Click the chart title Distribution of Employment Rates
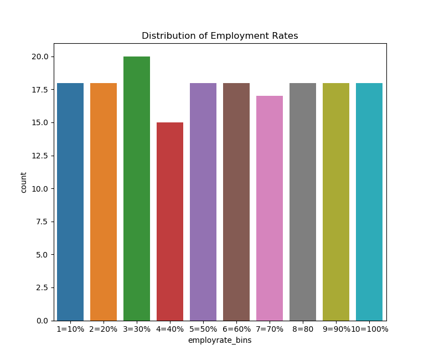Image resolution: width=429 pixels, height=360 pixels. pos(220,36)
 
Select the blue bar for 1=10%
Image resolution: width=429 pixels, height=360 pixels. pos(70,202)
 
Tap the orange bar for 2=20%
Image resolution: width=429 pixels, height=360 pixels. pos(104,202)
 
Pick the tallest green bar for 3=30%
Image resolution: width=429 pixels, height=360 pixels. pos(137,188)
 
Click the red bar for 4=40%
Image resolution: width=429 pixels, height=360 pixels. pos(170,222)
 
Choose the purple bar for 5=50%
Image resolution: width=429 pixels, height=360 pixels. pos(203,202)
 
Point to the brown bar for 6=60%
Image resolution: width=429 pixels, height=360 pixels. pos(236,202)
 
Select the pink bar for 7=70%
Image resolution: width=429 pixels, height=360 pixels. pos(270,208)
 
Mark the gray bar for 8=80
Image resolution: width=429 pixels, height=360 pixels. pos(303,202)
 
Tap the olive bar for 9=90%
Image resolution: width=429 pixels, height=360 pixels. pos(336,202)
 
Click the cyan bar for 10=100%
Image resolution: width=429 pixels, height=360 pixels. pos(369,202)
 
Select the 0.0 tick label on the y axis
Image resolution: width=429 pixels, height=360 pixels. pos(43,321)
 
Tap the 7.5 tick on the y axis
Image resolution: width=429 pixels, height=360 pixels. pos(43,222)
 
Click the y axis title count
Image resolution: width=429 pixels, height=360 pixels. pos(24,182)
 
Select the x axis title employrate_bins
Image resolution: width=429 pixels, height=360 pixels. pos(220,340)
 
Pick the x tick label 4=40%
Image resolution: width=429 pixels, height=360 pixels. pos(170,329)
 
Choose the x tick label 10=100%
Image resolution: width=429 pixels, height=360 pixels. pos(370,329)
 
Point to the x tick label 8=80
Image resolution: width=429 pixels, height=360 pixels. pos(303,329)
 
